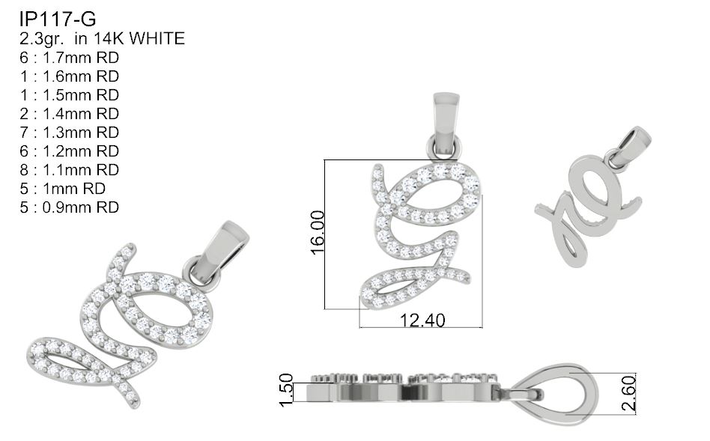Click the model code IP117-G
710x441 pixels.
(58, 19)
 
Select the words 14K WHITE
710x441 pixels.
(139, 38)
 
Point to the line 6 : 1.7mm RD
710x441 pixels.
(70, 58)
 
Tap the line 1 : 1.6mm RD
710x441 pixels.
(70, 76)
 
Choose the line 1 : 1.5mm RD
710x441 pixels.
(70, 95)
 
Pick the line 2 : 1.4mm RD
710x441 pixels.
(70, 114)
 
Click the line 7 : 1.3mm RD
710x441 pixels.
(70, 133)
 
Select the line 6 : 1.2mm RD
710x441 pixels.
(70, 151)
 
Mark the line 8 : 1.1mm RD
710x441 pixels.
(70, 170)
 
